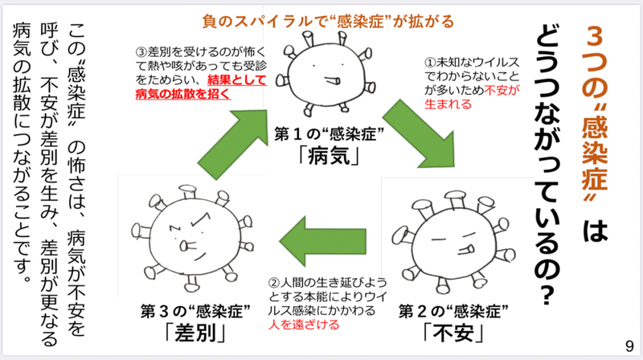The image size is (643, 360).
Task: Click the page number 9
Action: click(628, 346)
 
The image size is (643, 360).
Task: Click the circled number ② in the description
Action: click(273, 283)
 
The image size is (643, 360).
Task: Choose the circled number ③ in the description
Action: click(141, 51)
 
